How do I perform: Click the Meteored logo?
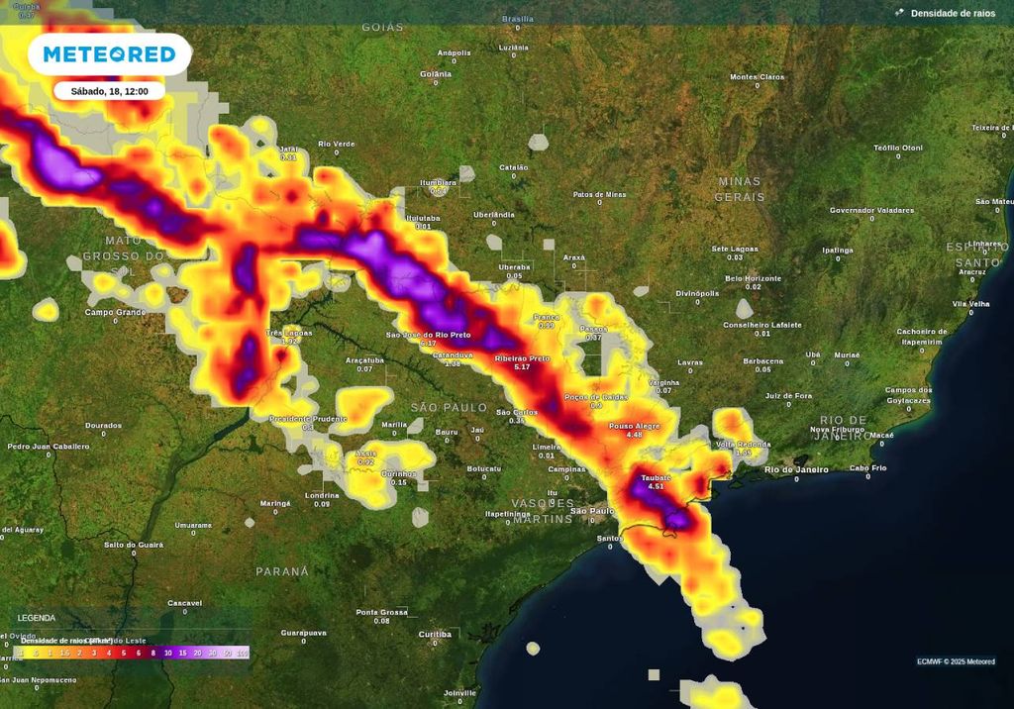point(109,54)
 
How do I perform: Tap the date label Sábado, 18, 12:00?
point(109,91)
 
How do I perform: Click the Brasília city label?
point(517,19)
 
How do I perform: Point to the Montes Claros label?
point(757,77)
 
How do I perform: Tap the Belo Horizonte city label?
point(754,279)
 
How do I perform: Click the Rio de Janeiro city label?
point(796,469)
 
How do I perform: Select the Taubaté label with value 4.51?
point(655,478)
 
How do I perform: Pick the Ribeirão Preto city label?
point(522,358)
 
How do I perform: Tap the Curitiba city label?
point(435,633)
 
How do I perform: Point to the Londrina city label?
point(322,495)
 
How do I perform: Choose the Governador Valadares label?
point(871,210)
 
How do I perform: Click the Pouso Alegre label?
point(634,426)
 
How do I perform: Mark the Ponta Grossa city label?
point(381,612)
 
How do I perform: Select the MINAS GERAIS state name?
point(739,189)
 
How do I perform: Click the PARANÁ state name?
point(282,571)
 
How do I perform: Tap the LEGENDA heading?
point(37,618)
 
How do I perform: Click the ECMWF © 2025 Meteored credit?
point(956,661)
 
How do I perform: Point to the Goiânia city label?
point(436,74)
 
